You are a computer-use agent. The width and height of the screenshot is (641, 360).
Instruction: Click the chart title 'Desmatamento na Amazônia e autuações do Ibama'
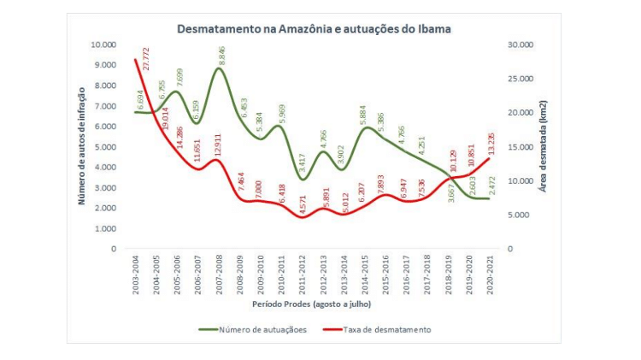[314, 28]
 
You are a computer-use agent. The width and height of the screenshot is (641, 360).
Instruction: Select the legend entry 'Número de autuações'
[262, 329]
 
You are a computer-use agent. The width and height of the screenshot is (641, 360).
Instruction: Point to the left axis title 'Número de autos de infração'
[82, 145]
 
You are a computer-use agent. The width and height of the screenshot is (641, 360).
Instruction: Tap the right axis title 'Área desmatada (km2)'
[544, 145]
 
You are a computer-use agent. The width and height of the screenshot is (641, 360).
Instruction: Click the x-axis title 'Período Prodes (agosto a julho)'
[313, 304]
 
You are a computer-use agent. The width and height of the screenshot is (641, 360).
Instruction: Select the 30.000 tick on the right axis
[520, 44]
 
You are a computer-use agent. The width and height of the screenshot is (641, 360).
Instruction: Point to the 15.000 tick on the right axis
[520, 147]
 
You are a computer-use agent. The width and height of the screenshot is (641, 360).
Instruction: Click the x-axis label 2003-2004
[136, 274]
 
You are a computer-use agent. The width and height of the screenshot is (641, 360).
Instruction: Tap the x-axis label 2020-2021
[489, 274]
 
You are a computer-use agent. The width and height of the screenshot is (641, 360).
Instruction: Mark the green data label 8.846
[222, 56]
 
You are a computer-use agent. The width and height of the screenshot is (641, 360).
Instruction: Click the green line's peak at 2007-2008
[220, 68]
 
